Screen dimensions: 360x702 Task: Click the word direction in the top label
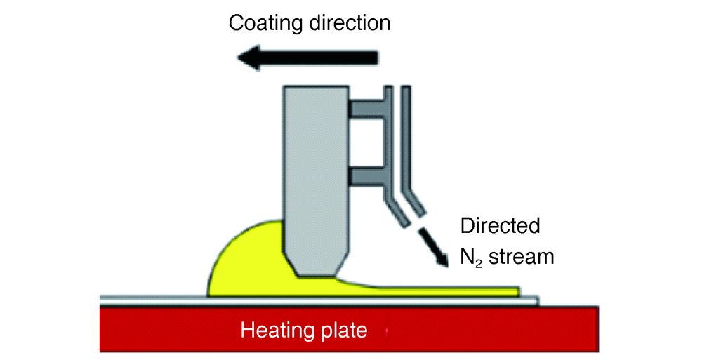(350, 22)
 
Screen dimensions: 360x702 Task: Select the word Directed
(500, 227)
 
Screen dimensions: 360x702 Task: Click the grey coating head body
(316, 168)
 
